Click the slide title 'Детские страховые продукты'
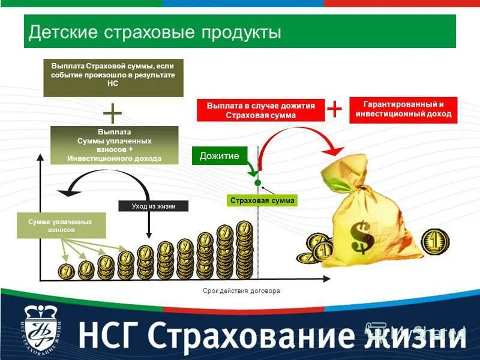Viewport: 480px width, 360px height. pos(155,31)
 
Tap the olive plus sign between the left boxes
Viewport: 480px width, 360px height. pos(113,113)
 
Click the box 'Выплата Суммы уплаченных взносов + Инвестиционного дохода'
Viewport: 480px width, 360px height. pos(114,145)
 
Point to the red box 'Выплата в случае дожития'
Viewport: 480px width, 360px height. pos(261,110)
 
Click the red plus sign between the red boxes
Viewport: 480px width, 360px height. pos(334,109)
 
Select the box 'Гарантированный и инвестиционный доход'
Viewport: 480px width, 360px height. pos(403,110)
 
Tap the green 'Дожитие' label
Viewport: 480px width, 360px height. pos(219,156)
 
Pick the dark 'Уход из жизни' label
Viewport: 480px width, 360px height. pos(154,206)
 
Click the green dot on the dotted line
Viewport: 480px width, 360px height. pos(257,182)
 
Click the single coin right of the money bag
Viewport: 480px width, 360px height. pos(434,241)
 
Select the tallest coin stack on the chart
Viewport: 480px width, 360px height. pos(244,249)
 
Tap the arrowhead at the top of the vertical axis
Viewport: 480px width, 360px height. pos(40,157)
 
